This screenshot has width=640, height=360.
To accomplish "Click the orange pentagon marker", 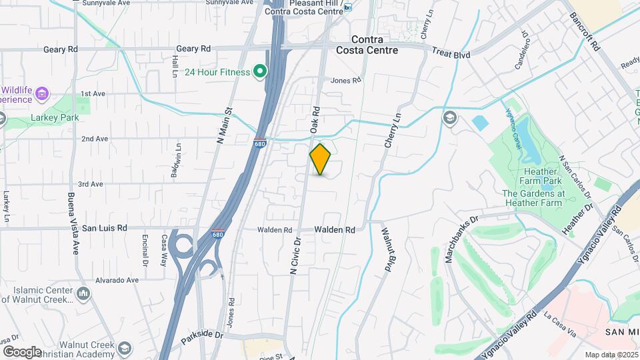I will pyautogui.click(x=321, y=159).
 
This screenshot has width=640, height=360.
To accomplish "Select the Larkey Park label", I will pyautogui.click(x=55, y=118).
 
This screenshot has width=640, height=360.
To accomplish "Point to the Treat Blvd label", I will pyautogui.click(x=451, y=51).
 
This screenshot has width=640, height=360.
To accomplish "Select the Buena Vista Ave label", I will pyautogui.click(x=71, y=215).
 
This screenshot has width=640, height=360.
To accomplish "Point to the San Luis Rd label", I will pyautogui.click(x=104, y=228).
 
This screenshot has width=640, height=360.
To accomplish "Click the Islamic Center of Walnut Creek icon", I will pyautogui.click(x=83, y=293).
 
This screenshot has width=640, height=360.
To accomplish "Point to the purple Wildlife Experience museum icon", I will pyautogui.click(x=43, y=92).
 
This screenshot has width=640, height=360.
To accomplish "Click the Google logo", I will pyautogui.click(x=22, y=352).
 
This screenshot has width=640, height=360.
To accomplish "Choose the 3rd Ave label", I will pyautogui.click(x=91, y=184).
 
